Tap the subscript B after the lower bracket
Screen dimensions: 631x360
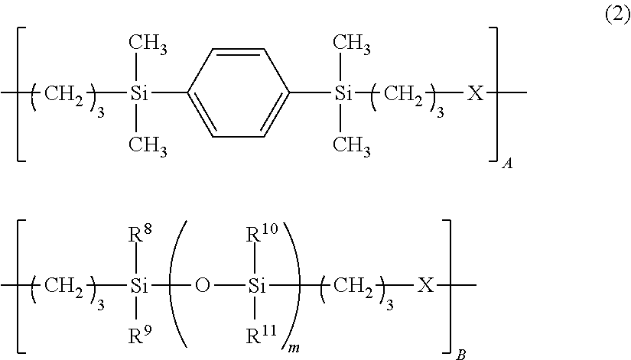[x=459, y=354]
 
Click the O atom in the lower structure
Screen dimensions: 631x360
[x=202, y=287]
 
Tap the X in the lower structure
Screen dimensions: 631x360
[x=426, y=287]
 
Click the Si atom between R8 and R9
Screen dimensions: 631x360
[x=138, y=287]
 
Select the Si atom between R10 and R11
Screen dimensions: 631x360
[x=258, y=287]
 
